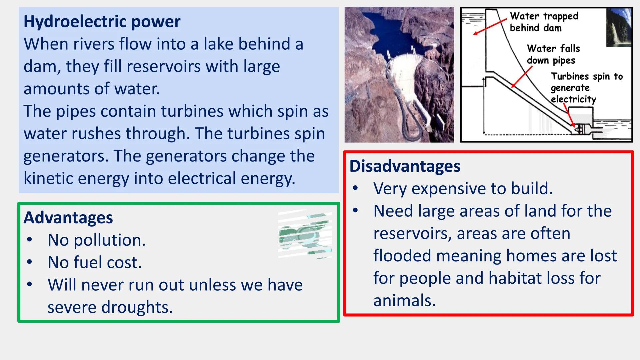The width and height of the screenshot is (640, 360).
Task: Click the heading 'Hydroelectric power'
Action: pos(102,22)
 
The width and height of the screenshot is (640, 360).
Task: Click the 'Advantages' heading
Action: pos(68,218)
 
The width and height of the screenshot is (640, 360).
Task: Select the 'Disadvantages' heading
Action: pos(405,166)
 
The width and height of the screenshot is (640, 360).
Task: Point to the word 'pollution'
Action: pos(109,240)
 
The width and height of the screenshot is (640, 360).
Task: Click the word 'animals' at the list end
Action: pos(404,300)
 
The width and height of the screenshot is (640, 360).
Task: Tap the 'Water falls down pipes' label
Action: pos(553,54)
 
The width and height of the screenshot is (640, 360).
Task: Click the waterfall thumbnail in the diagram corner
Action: pos(619,27)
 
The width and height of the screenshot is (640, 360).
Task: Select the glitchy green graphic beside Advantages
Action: pos(305,235)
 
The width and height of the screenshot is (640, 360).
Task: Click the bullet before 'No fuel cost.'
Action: pos(30,262)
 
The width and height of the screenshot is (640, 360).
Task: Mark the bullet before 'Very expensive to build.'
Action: pos(355,189)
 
